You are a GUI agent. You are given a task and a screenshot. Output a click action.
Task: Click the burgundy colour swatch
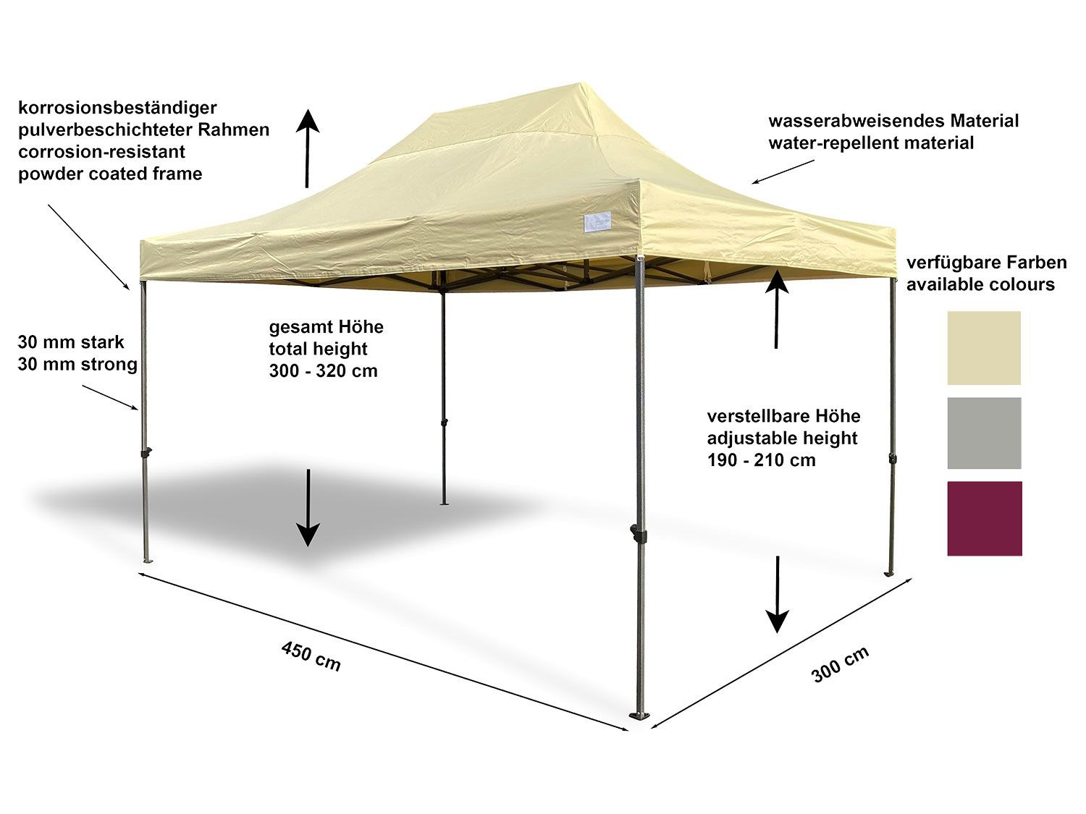984,518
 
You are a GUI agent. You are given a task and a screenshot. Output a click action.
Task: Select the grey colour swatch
984,433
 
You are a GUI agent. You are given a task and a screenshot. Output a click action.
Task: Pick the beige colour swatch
984,348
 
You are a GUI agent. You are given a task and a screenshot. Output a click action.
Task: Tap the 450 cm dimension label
311,656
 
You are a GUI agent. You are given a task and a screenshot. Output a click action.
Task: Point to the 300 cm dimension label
840,664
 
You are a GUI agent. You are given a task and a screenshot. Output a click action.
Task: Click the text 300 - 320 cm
323,371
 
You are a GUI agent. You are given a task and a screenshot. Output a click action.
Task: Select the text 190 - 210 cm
761,460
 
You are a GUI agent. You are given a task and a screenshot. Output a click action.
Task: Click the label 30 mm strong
77,364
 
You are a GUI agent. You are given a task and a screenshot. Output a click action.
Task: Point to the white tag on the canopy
597,223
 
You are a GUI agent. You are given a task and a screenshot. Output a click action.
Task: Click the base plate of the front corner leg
639,716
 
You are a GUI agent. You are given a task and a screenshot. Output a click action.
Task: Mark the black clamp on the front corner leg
639,534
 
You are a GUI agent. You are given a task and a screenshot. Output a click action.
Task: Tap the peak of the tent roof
576,87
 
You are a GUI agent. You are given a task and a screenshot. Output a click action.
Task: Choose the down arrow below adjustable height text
778,594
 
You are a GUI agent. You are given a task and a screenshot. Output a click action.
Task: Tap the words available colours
980,284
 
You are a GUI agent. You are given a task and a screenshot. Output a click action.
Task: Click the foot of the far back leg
444,502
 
